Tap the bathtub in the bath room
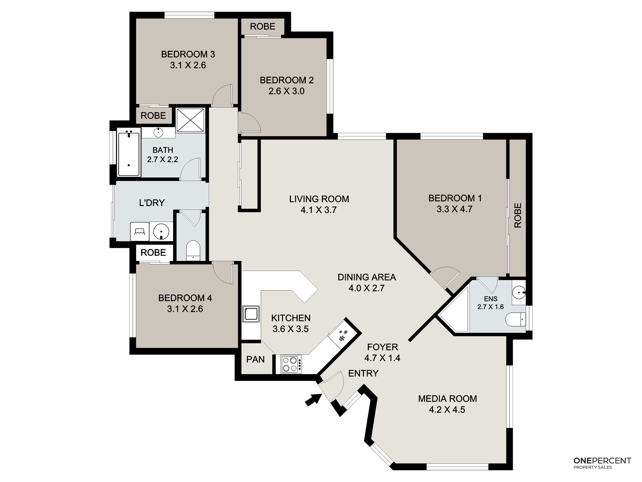point(129,152)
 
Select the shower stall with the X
point(191,120)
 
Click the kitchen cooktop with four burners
point(291,364)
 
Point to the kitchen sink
point(251,314)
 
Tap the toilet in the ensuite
point(515,320)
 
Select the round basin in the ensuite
point(518,293)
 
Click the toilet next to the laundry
point(193,250)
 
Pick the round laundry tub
point(161,231)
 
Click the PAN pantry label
point(256,359)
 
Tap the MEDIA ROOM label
point(447,399)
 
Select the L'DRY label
point(152,203)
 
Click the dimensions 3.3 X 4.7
point(455,209)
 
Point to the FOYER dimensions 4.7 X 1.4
point(382,358)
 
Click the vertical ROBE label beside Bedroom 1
point(518,215)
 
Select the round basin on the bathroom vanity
point(159,132)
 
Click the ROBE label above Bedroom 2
point(263,26)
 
